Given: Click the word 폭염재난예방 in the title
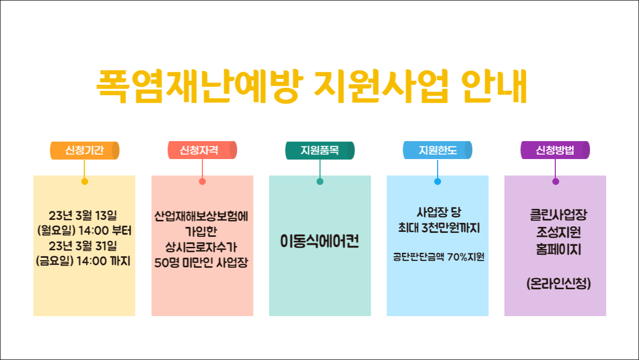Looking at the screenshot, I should (x=196, y=86).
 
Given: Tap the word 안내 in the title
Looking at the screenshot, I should (x=493, y=86).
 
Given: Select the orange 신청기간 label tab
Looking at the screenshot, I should (x=85, y=151).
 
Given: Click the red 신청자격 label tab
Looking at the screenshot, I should (x=202, y=151).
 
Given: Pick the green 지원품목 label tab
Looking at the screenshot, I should (x=319, y=151).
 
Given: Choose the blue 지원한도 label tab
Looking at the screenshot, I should (x=437, y=151).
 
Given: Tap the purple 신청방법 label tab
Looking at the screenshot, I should (x=555, y=151).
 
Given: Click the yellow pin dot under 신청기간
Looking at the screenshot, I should (x=85, y=181).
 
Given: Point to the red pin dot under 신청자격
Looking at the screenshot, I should (x=202, y=181).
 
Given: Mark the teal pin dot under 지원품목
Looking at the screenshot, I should (x=320, y=181).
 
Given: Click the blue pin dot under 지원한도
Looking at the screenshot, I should (x=438, y=181).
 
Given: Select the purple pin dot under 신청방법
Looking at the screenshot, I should (x=556, y=181).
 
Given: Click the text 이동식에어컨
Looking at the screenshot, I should (x=319, y=242).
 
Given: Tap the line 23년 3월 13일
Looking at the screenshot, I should (x=83, y=216).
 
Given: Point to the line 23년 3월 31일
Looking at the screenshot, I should (x=83, y=246).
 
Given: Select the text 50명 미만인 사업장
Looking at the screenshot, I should (x=201, y=263).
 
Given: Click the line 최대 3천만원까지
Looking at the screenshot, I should (x=439, y=228).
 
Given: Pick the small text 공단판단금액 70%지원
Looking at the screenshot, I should (x=439, y=257).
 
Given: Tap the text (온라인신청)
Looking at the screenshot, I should (x=558, y=284).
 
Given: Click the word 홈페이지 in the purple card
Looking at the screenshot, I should (x=558, y=249).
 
